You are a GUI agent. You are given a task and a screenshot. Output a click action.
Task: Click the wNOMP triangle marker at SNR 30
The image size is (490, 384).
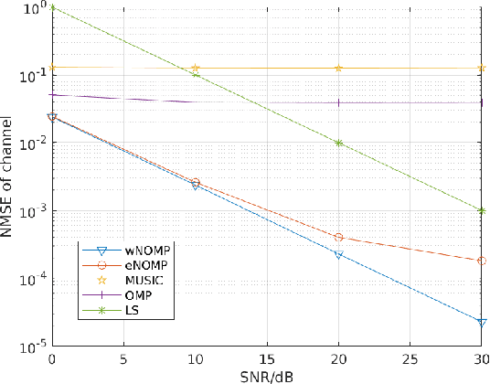pyautogui.click(x=482, y=322)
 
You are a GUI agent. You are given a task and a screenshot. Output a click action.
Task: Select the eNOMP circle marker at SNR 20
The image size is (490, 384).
pyautogui.click(x=339, y=238)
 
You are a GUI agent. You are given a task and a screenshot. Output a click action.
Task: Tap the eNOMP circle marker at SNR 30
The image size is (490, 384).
pyautogui.click(x=482, y=261)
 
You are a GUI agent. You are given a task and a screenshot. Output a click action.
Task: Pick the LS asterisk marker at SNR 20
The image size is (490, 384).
pyautogui.click(x=339, y=143)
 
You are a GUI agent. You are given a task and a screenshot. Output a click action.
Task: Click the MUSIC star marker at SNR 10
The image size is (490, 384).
pyautogui.click(x=195, y=69)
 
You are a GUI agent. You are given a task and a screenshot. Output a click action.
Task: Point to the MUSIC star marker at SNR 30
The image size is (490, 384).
pyautogui.click(x=482, y=69)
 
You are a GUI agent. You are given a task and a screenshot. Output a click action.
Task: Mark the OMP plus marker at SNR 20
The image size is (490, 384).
pyautogui.click(x=339, y=102)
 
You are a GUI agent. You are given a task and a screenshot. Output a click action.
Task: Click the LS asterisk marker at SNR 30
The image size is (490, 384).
pyautogui.click(x=482, y=210)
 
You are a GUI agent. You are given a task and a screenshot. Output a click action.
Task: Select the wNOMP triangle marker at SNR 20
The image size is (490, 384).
pyautogui.click(x=339, y=255)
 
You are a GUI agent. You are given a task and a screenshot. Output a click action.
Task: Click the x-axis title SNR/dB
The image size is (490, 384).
pyautogui.click(x=268, y=376)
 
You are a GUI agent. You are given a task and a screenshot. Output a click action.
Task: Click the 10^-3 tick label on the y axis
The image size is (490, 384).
pyautogui.click(x=34, y=211)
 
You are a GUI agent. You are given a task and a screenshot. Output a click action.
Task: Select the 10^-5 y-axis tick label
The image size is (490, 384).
pyautogui.click(x=34, y=347)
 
